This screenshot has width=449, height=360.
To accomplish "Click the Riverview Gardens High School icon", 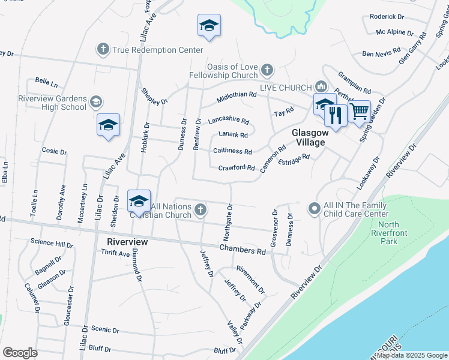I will (97, 103).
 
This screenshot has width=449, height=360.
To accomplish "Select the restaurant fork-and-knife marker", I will (336, 114).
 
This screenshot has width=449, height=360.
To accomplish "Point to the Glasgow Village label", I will (308, 137).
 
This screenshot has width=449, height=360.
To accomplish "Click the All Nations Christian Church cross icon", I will (201, 210).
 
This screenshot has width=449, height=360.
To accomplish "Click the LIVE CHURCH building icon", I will (321, 87).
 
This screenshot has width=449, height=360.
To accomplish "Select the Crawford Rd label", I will (237, 168).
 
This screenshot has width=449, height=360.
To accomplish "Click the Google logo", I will (20, 353).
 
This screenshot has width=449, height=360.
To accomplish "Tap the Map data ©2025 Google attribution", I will (412, 355).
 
